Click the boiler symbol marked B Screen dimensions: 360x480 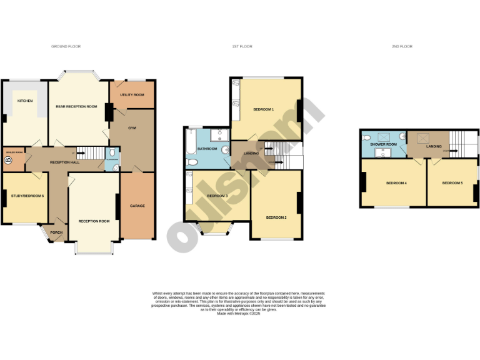[8, 161]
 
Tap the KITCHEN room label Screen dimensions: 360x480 [25, 101]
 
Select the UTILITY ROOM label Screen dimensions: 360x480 [132, 94]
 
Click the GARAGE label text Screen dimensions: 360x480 [137, 206]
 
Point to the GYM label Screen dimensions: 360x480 [132, 127]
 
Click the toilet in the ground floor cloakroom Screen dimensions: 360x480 [111, 152]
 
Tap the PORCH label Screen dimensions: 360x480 [57, 232]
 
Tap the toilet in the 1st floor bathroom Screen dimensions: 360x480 [192, 162]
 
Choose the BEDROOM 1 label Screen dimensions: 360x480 [263, 109]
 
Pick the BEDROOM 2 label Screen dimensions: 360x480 [276, 217]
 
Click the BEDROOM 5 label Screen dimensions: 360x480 [452, 183]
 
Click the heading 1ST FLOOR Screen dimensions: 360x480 [242, 46]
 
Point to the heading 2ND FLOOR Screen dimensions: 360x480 [402, 46]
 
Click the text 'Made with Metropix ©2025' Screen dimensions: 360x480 [238, 314]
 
